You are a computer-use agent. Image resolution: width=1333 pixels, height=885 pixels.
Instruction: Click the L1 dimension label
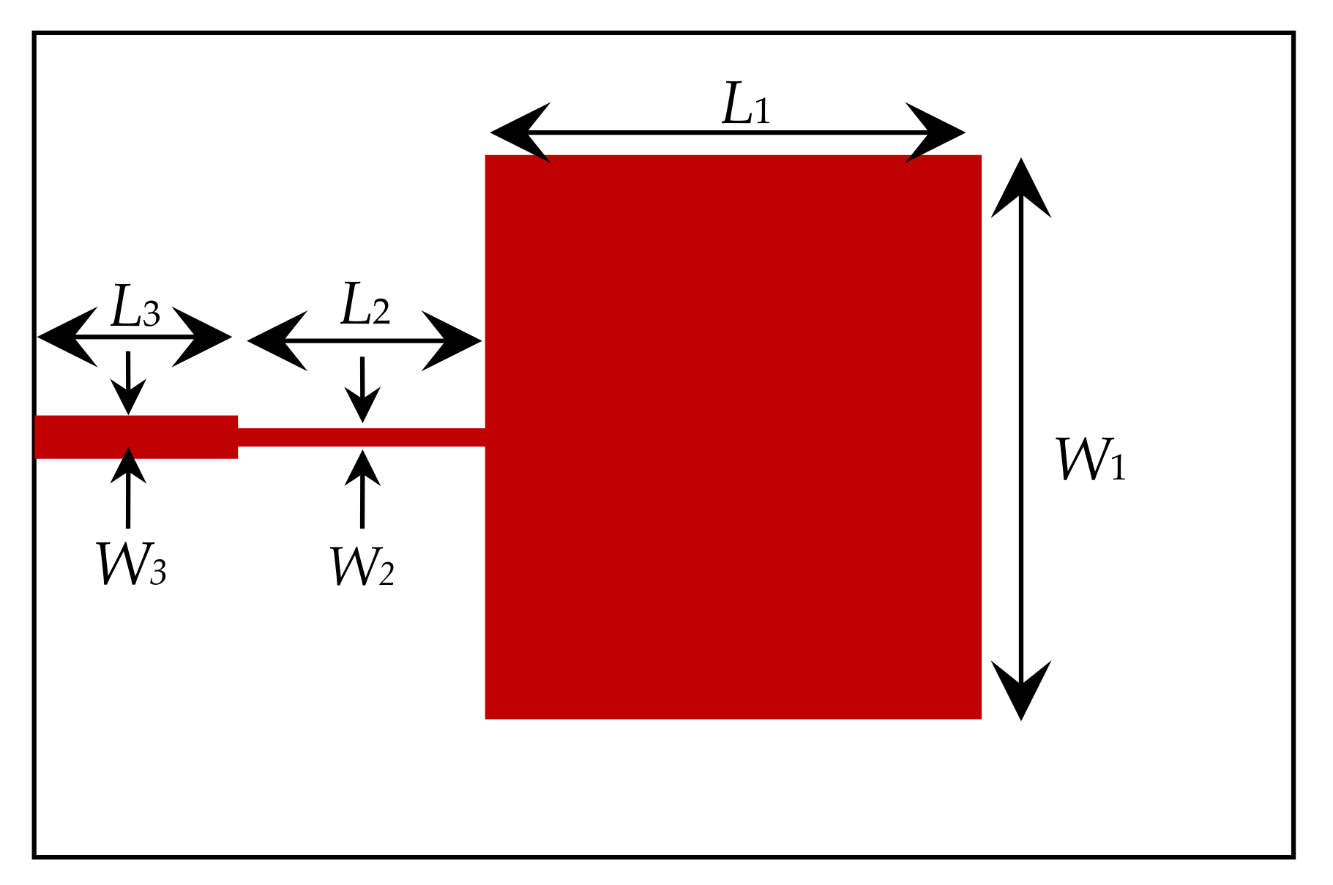tap(746, 105)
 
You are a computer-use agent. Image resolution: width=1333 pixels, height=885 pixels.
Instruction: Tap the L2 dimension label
tap(365, 305)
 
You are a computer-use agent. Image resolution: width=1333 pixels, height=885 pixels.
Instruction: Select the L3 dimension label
tap(135, 307)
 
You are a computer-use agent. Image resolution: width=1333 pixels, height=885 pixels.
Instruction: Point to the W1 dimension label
tap(1090, 460)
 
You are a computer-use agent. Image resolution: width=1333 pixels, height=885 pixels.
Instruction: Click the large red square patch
tap(733, 437)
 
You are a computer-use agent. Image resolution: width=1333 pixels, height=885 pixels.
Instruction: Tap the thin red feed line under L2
tap(362, 437)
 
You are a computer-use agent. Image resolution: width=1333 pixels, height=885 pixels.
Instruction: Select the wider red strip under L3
tap(136, 437)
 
